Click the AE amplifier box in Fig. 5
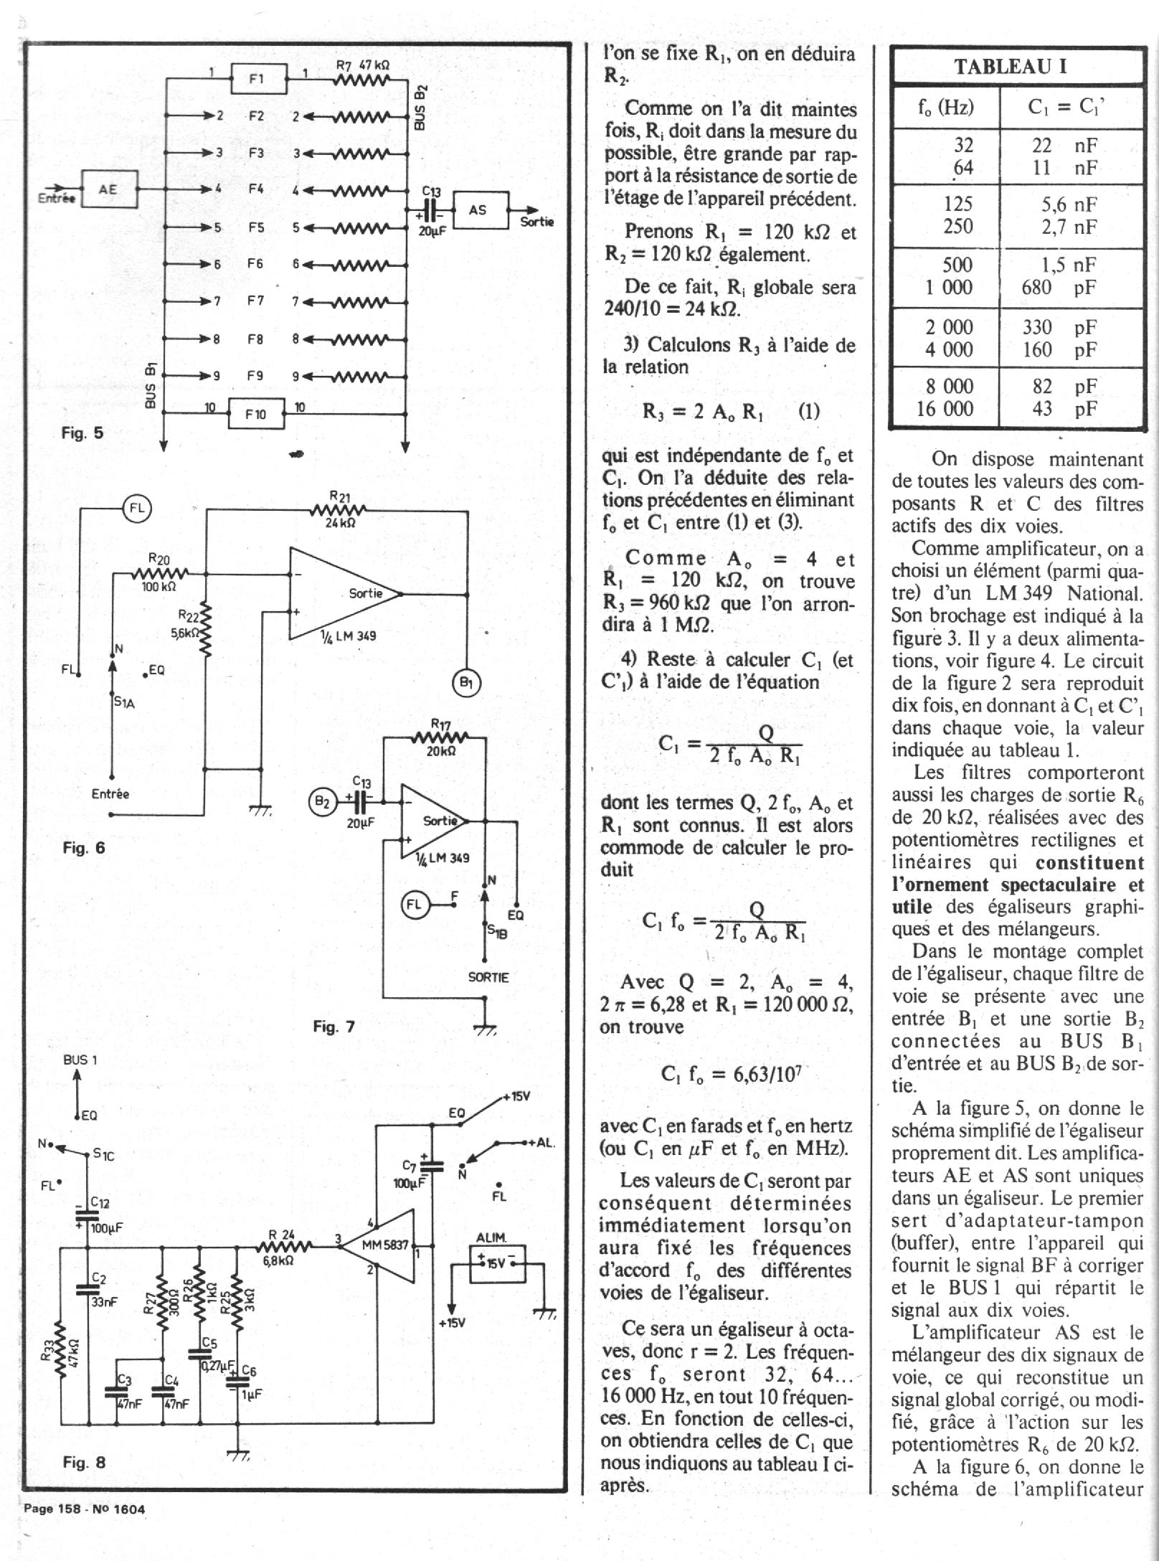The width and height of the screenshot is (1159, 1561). click(x=109, y=189)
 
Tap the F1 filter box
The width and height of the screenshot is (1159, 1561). click(x=258, y=79)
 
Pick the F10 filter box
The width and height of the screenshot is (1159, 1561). click(x=256, y=414)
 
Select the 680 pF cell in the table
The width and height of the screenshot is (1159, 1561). click(x=1059, y=288)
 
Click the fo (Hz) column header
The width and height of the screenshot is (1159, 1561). click(x=945, y=108)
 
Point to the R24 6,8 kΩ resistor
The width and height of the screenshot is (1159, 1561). click(x=283, y=1246)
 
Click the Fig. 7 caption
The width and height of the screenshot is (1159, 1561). click(x=333, y=1027)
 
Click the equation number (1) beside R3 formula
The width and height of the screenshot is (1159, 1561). click(x=808, y=412)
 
